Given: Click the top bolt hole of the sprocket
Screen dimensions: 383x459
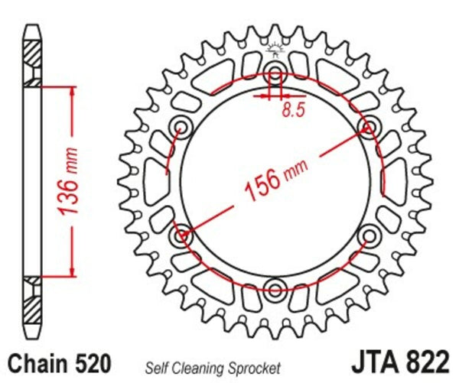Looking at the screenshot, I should [275, 74].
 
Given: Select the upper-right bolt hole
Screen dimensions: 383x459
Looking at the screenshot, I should [367, 127].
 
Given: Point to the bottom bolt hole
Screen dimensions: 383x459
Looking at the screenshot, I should [275, 289].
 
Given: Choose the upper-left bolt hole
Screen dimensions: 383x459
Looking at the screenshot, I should [182, 127].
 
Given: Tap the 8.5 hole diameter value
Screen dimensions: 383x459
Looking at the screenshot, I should [292, 109].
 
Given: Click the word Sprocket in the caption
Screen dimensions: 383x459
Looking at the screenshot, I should [254, 367].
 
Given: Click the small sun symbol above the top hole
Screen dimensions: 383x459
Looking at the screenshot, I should [275, 50].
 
